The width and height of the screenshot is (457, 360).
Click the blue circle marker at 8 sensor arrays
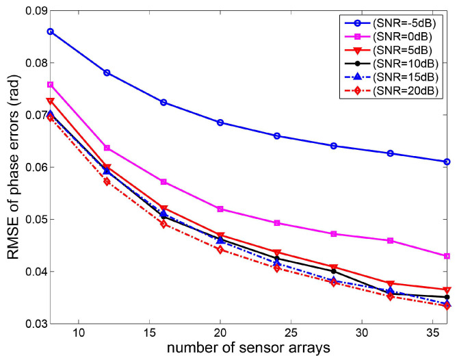click(x=50, y=31)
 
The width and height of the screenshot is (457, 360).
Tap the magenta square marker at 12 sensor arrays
click(x=107, y=148)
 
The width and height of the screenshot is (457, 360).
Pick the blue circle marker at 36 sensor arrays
click(x=447, y=162)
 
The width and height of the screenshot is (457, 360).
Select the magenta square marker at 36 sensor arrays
click(x=447, y=256)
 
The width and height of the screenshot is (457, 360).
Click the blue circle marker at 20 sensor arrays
click(x=220, y=123)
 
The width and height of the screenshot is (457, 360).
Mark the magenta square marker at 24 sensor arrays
click(x=276, y=223)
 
